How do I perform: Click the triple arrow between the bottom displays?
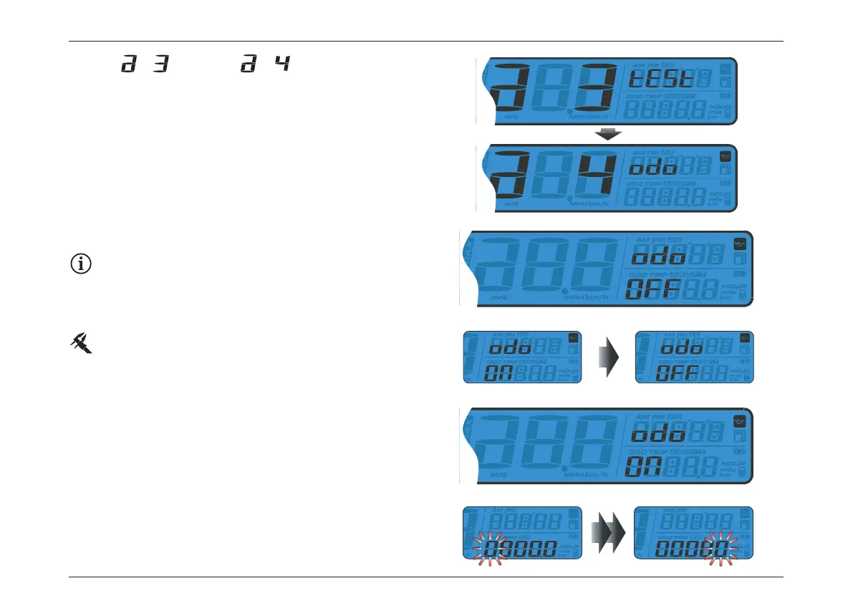coord(608,532)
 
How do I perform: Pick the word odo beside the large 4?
coord(653,167)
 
